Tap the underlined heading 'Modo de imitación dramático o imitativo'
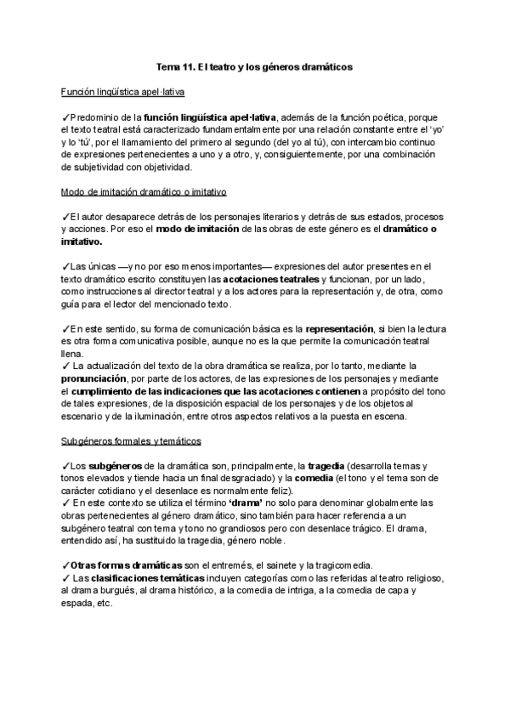(x=144, y=193)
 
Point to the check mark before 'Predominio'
(x=66, y=116)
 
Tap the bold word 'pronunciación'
(x=96, y=379)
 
